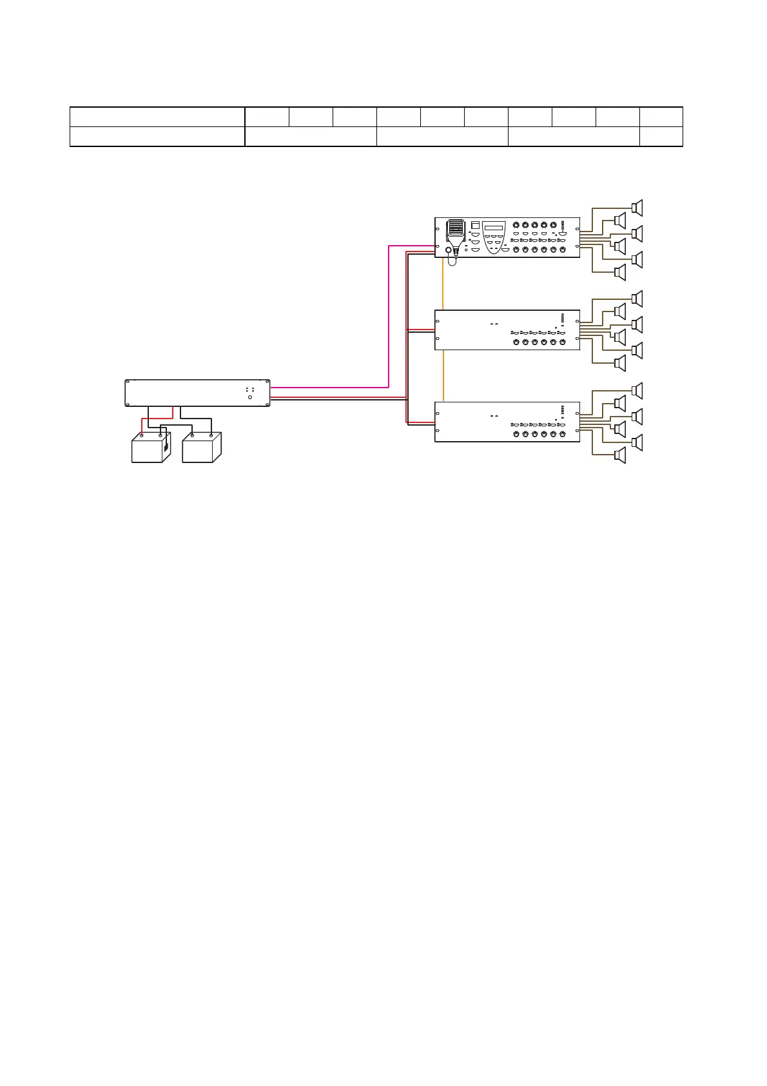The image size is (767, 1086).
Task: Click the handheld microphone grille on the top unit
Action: (456, 229)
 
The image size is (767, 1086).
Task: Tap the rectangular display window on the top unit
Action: (494, 227)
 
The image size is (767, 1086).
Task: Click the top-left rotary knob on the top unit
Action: (516, 225)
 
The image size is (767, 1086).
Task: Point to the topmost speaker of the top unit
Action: (638, 207)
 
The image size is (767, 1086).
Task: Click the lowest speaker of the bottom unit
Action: (620, 455)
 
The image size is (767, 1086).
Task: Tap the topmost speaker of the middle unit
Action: (638, 298)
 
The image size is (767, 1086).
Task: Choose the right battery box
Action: (202, 447)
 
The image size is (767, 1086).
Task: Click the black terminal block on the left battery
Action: (166, 446)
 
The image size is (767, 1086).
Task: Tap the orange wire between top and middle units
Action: (443, 284)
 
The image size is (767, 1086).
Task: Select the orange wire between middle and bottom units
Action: (443, 376)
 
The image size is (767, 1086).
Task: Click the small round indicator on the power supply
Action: (250, 397)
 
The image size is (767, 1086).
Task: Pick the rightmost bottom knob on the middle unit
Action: (563, 342)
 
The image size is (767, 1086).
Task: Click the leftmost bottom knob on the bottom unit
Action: (516, 434)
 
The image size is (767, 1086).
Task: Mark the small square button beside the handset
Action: (476, 225)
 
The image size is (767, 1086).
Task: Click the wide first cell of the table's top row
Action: (157, 117)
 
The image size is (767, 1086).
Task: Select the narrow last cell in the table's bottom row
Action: (661, 137)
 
